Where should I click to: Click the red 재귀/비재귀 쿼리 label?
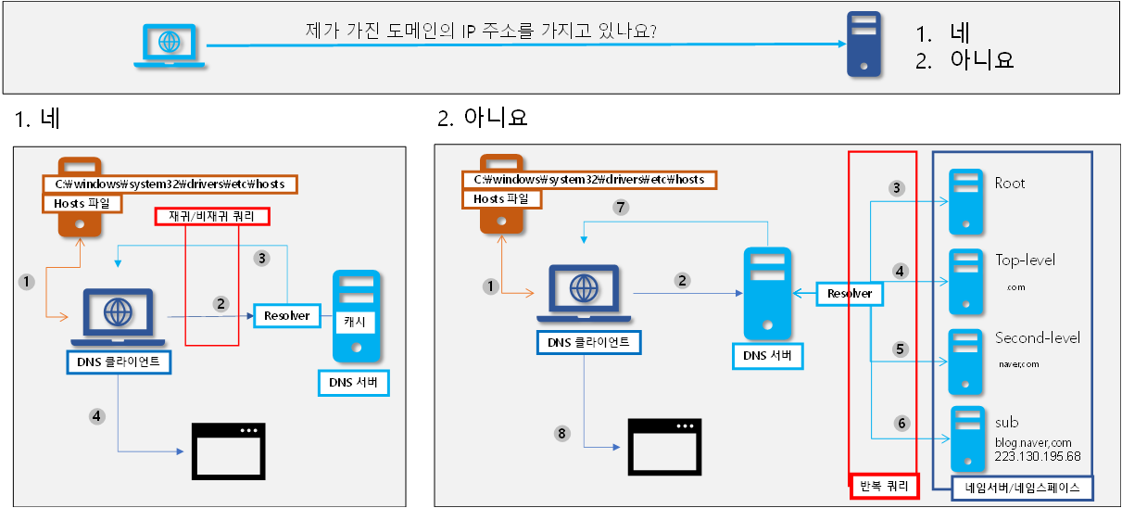pos(212,217)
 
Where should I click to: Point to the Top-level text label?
pos(1025,260)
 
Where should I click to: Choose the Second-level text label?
pos(1037,338)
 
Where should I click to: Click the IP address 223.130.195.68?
pos(1038,457)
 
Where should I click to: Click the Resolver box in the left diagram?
pos(285,315)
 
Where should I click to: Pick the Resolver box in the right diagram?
pos(850,293)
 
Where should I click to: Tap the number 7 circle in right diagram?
pos(621,208)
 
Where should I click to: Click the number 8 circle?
pos(560,433)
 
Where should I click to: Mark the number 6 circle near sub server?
pos(901,423)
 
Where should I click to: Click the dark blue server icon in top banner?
pos(864,45)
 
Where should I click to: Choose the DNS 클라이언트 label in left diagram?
pos(119,362)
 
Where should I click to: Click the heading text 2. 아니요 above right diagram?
pos(482,119)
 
